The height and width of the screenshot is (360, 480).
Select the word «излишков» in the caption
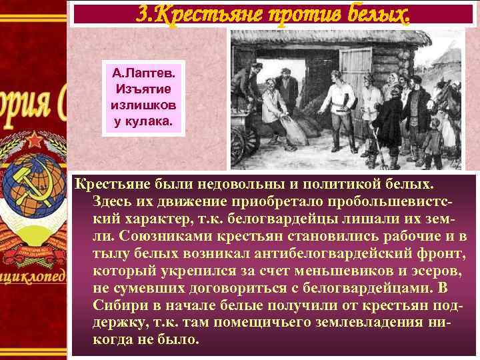click(x=139, y=106)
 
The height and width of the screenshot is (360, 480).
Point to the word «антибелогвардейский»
click(x=334, y=256)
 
